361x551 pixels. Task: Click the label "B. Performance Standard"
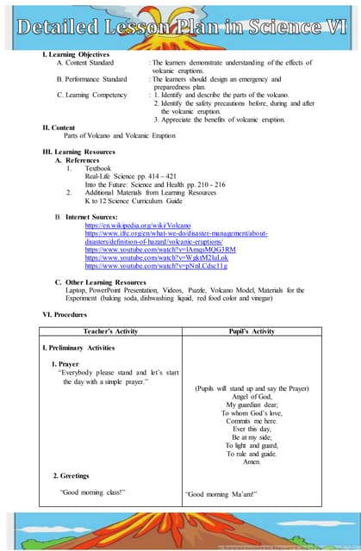(x=91, y=79)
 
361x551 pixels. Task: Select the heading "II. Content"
(x=59, y=127)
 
